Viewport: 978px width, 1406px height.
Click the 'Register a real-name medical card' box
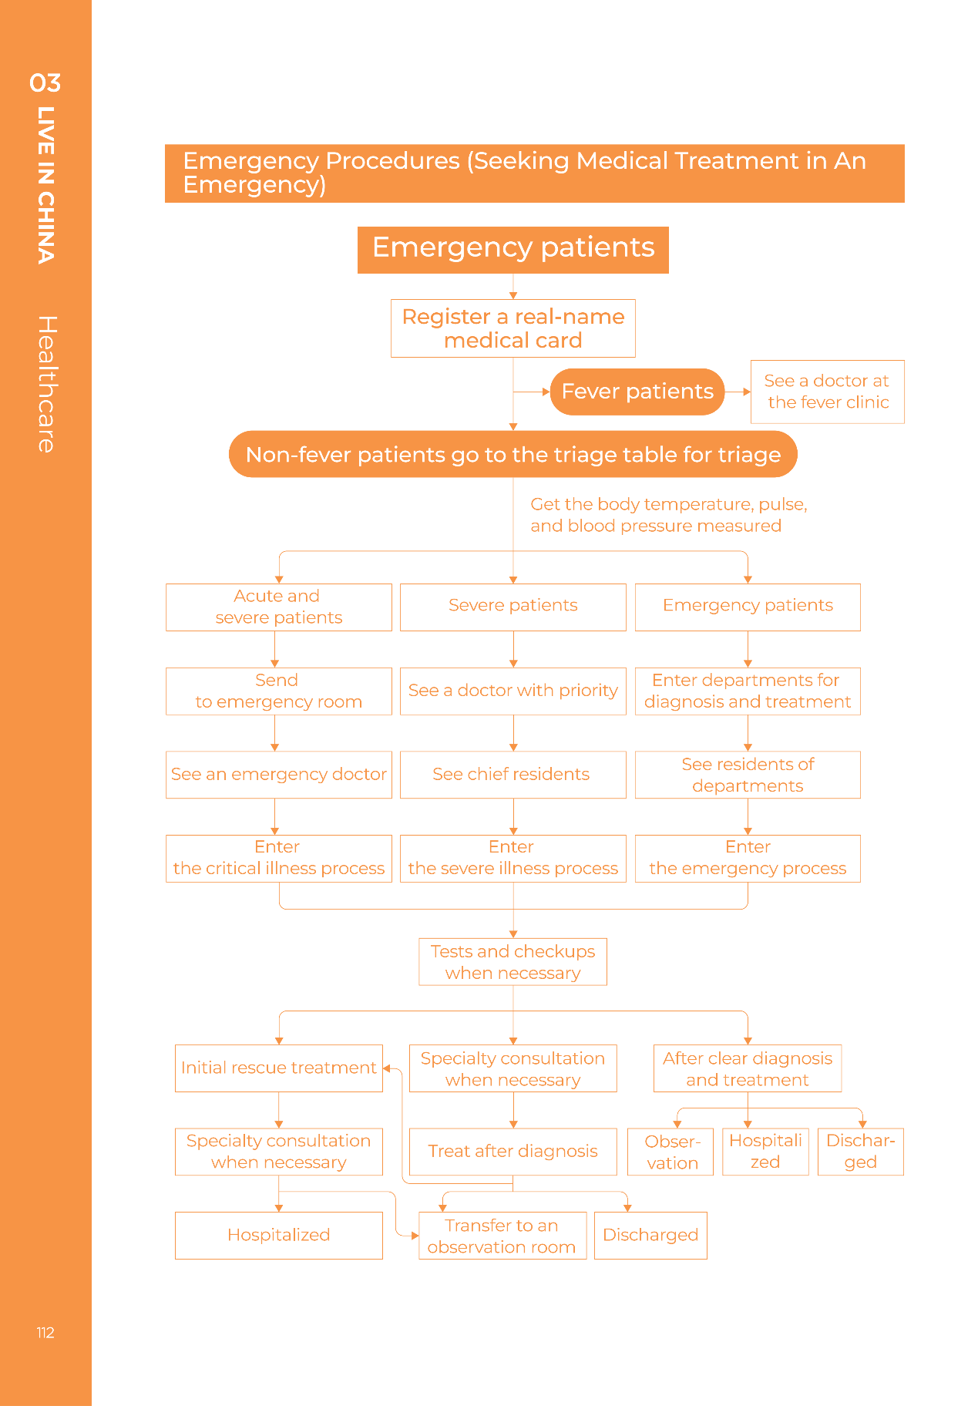click(513, 328)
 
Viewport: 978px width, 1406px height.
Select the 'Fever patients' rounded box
click(637, 392)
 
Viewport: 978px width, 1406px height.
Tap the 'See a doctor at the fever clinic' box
click(828, 392)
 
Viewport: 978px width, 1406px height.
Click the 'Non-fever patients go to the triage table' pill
click(513, 454)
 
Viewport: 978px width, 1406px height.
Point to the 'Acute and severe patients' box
click(279, 607)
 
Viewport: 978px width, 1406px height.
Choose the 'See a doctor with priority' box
click(513, 691)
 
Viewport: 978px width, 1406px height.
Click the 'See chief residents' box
click(513, 775)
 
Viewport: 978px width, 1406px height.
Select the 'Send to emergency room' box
click(279, 691)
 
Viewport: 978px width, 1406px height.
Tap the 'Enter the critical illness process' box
click(279, 859)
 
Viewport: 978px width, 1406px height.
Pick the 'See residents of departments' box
click(748, 775)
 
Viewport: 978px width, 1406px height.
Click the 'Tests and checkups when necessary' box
click(513, 962)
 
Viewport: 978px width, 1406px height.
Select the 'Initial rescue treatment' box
click(279, 1068)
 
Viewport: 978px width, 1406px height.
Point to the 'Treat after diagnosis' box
click(513, 1152)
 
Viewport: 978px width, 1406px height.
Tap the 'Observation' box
click(670, 1152)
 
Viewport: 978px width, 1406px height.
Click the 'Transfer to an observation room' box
click(502, 1236)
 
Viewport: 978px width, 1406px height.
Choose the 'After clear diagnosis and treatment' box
click(748, 1068)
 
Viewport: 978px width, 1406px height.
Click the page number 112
click(45, 1333)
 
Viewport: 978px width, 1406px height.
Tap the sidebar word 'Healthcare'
click(47, 384)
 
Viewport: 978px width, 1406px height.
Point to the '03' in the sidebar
click(45, 82)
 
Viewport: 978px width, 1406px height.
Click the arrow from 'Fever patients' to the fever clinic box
click(738, 392)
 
